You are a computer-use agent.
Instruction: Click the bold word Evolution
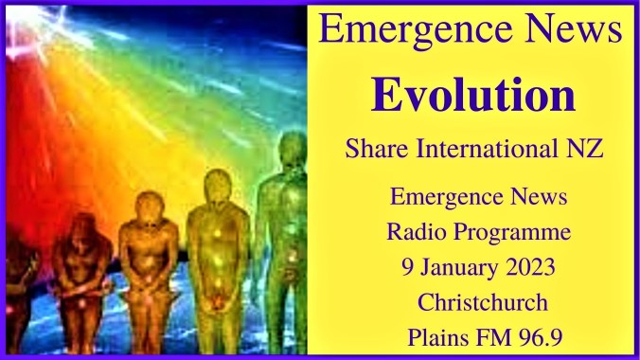473,95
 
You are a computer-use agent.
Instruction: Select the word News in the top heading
571,29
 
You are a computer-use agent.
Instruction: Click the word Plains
435,310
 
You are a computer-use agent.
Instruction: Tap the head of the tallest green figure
293,150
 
